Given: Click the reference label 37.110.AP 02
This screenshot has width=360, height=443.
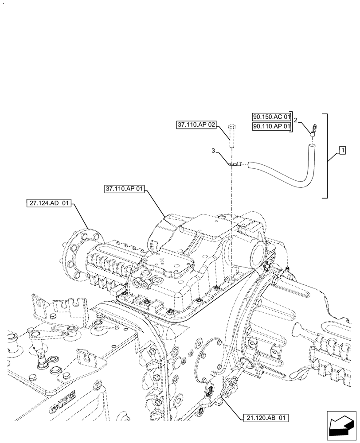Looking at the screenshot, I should click(x=196, y=125).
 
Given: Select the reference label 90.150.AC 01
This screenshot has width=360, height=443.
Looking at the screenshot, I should click(x=271, y=117).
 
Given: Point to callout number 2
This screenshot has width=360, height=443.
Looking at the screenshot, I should click(x=296, y=120).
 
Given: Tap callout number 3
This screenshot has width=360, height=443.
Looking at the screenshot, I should click(x=214, y=151).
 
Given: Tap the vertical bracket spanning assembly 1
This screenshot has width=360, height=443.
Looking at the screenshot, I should click(x=327, y=155).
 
